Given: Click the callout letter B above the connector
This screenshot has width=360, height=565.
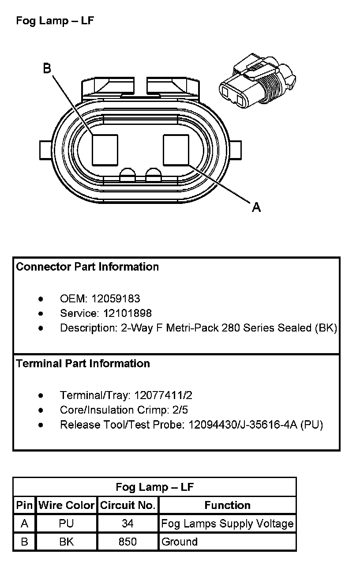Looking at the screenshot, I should click(47, 69).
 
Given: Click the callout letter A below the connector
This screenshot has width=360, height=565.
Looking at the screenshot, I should click(256, 207).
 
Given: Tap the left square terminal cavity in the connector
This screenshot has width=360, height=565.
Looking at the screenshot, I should click(105, 150).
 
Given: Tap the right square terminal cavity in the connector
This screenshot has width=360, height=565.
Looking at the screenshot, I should click(176, 150).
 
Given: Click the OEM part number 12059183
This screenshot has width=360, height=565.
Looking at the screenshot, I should click(116, 299).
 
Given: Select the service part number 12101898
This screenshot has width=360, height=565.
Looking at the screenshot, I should click(127, 313).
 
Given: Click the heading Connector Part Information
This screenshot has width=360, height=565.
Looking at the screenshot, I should click(87, 267).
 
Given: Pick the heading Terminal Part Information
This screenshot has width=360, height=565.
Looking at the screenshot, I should click(83, 363).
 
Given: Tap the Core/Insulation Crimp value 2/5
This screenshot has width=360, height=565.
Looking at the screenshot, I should click(180, 410).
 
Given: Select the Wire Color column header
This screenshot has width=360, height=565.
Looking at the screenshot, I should click(66, 505).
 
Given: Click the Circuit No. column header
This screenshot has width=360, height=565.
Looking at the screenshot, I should click(128, 505).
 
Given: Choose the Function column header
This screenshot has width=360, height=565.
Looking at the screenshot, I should click(227, 505).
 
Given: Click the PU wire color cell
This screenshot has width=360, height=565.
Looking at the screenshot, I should click(66, 524).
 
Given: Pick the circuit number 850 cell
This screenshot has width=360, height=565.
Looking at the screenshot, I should click(128, 542).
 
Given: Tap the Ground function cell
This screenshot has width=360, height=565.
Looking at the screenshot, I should click(179, 542).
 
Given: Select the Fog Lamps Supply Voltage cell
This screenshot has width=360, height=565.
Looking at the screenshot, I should click(227, 524).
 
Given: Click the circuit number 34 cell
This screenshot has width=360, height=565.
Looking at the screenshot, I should click(128, 524).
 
